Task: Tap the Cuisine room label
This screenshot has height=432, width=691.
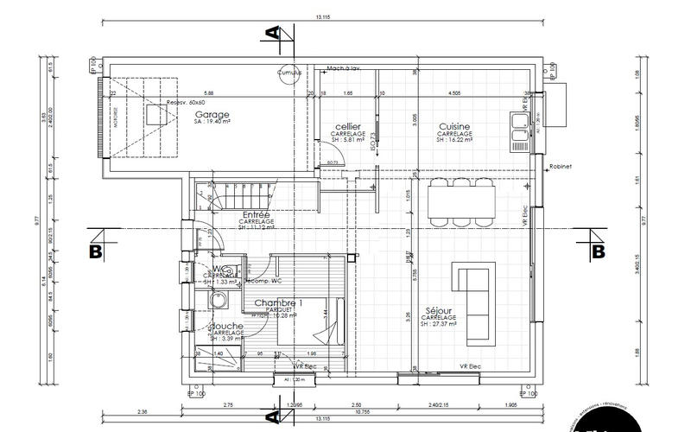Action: pos(453,126)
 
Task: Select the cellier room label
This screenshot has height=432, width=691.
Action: pos(347,127)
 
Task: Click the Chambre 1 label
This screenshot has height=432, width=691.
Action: pos(278,303)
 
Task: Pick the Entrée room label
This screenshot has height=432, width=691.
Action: pos(257,214)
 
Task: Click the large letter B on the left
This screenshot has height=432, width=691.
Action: pos(97,251)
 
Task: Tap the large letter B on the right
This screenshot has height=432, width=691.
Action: pos(597,251)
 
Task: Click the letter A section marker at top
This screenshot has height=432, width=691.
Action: pos(273,34)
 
